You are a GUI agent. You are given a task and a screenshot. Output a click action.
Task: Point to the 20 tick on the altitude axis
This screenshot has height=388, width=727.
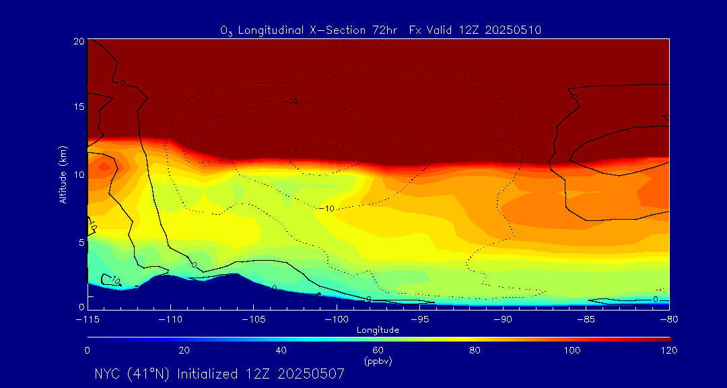(x=77, y=40)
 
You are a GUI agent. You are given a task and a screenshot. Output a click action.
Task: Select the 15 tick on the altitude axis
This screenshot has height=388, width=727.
(x=77, y=107)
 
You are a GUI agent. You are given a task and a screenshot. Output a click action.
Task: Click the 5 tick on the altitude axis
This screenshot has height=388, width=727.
(x=80, y=241)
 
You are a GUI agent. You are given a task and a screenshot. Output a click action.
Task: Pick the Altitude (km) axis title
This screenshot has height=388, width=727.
(x=63, y=174)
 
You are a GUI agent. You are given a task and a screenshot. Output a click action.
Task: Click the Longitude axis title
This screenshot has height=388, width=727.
(x=378, y=329)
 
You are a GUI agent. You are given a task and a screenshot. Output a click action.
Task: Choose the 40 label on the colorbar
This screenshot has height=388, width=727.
(x=281, y=350)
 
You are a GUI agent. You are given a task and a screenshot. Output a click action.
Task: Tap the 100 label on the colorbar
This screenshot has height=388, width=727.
(x=572, y=350)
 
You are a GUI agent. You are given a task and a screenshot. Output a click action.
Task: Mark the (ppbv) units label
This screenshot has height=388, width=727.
(x=378, y=361)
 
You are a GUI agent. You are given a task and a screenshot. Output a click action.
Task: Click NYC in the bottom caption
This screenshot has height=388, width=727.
(x=108, y=374)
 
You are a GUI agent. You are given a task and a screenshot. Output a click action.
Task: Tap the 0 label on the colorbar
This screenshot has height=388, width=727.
(x=88, y=350)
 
